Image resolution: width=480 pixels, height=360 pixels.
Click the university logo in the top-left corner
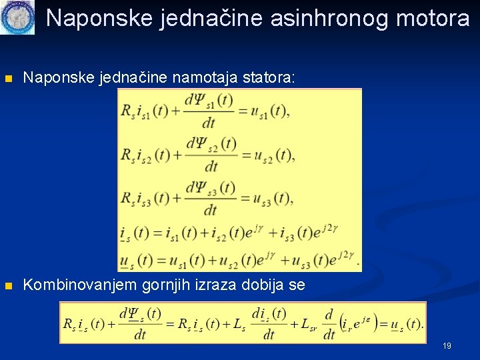pos(17,17)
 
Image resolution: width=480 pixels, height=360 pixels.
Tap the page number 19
pos(447,345)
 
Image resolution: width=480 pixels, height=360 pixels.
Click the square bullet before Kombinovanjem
pos(9,286)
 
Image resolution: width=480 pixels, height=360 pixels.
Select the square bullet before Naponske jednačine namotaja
pos(9,79)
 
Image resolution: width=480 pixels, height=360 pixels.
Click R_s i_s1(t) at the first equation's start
pos(145,111)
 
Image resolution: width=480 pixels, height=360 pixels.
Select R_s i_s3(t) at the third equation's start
pos(145,198)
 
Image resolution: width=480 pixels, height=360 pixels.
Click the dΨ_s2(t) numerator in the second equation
pos(211,143)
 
